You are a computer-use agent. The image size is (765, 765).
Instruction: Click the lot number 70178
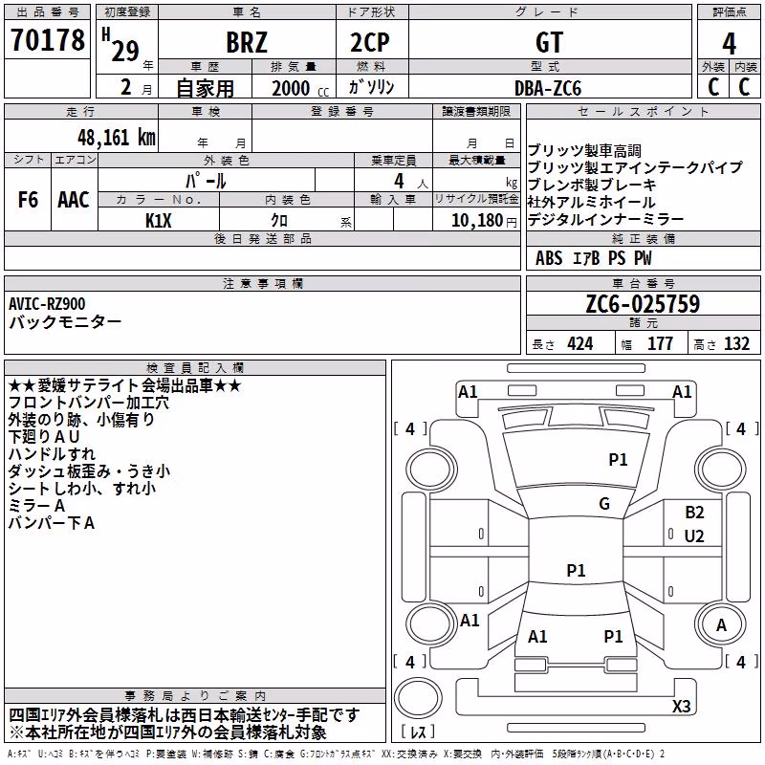coord(48,40)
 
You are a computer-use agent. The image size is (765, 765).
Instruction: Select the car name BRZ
coord(247,42)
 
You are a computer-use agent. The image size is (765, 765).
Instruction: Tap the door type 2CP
coord(370,42)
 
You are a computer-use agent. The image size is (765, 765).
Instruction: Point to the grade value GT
coord(549,42)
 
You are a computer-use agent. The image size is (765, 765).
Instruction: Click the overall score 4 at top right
coord(729,44)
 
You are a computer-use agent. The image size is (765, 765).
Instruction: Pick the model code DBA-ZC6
coord(548,88)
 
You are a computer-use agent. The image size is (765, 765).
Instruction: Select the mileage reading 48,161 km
coord(117,138)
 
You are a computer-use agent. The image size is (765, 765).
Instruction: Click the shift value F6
coord(28,200)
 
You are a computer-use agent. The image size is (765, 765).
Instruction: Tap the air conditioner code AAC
coord(74,200)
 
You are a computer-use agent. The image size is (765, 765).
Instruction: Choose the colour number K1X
coord(159,221)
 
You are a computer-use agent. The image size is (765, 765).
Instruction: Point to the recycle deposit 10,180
coord(477,221)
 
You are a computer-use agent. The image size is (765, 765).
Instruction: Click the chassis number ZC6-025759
coord(643,304)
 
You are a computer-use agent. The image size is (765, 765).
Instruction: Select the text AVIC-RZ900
coord(47,304)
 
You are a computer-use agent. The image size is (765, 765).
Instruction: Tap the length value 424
coord(580,343)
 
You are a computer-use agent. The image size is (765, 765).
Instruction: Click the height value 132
coord(736,343)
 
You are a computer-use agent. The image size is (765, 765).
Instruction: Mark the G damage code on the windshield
coord(604,504)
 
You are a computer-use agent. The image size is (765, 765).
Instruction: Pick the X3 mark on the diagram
coord(681,706)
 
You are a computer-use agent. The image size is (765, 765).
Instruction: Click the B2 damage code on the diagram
coord(694,513)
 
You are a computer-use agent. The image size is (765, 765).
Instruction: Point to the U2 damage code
coord(694,536)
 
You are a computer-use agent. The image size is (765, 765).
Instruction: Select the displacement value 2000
coord(291,88)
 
